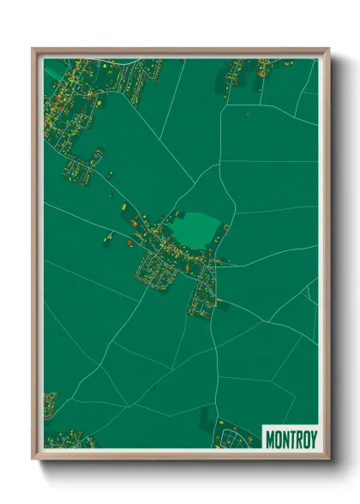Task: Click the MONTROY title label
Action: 291,440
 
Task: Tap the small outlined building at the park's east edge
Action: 225,229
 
